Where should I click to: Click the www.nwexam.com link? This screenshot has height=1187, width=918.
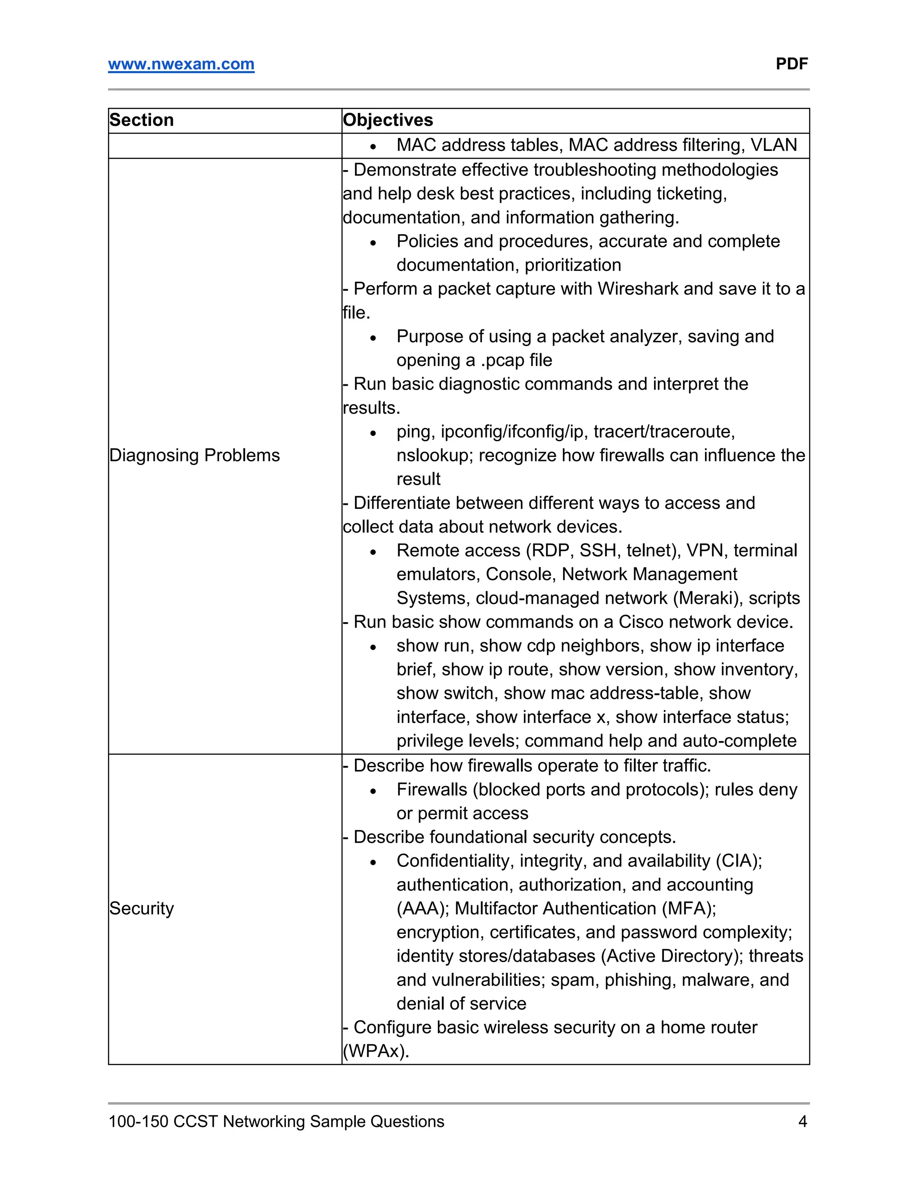click(x=181, y=64)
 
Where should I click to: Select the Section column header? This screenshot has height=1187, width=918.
click(x=141, y=120)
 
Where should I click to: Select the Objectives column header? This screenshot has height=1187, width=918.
click(x=388, y=120)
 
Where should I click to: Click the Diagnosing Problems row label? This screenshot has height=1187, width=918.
click(x=194, y=456)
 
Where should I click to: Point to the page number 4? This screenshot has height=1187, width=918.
click(x=802, y=1121)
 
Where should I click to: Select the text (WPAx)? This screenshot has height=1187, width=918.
click(x=376, y=1051)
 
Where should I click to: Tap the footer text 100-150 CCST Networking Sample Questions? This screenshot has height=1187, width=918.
click(x=276, y=1121)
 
